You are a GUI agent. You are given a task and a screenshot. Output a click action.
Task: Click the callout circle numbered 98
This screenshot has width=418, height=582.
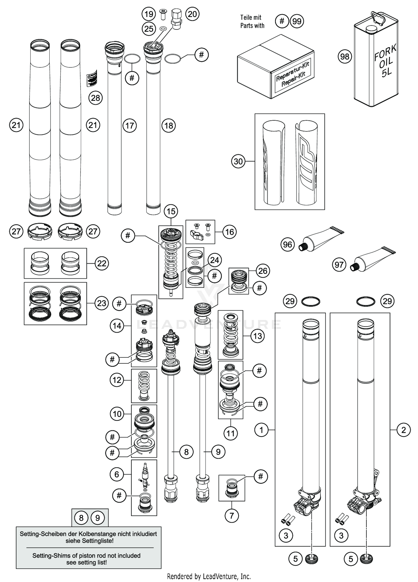(345, 57)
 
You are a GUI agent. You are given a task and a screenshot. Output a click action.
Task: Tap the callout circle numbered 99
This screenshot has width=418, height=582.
(297, 21)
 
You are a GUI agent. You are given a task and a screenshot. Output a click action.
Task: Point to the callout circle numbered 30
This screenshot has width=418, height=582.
(238, 161)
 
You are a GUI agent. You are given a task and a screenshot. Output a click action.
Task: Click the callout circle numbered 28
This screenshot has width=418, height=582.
(96, 98)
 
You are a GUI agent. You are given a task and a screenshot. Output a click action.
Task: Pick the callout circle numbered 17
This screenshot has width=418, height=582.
(130, 126)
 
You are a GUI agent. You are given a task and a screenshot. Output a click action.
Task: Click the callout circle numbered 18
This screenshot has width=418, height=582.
(169, 126)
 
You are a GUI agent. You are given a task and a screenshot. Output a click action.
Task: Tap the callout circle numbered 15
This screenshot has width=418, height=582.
(171, 212)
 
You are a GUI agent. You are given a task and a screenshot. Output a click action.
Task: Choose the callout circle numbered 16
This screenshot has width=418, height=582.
(229, 232)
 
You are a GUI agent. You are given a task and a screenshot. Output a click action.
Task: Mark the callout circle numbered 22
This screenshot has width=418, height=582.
(102, 263)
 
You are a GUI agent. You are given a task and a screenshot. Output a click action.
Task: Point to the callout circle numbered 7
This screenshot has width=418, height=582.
(232, 516)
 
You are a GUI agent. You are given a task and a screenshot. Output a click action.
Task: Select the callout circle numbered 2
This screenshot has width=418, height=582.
(404, 430)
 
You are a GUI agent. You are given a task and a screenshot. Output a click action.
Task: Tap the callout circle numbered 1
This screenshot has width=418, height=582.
(261, 430)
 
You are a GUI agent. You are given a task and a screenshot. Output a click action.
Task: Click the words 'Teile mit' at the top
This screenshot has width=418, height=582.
(251, 18)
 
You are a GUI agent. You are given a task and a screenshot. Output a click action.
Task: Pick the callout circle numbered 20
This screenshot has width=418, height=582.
(192, 14)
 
